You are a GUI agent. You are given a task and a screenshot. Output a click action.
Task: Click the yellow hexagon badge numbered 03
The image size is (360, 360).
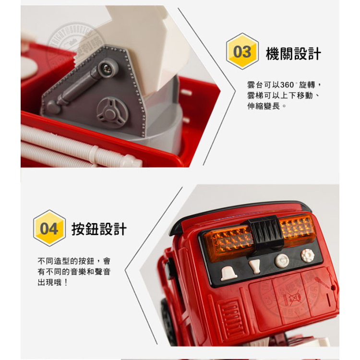click(242, 51)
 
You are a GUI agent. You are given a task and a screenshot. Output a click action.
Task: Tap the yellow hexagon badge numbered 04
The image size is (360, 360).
click(49, 228)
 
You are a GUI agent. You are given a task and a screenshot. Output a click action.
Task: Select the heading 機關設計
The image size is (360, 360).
click(293, 53)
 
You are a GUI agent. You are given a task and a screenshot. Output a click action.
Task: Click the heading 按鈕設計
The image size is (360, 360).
click(99, 229)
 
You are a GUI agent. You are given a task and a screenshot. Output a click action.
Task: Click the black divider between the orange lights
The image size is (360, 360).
click(266, 234)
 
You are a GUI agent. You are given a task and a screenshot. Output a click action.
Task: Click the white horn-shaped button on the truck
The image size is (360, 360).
click(254, 265)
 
